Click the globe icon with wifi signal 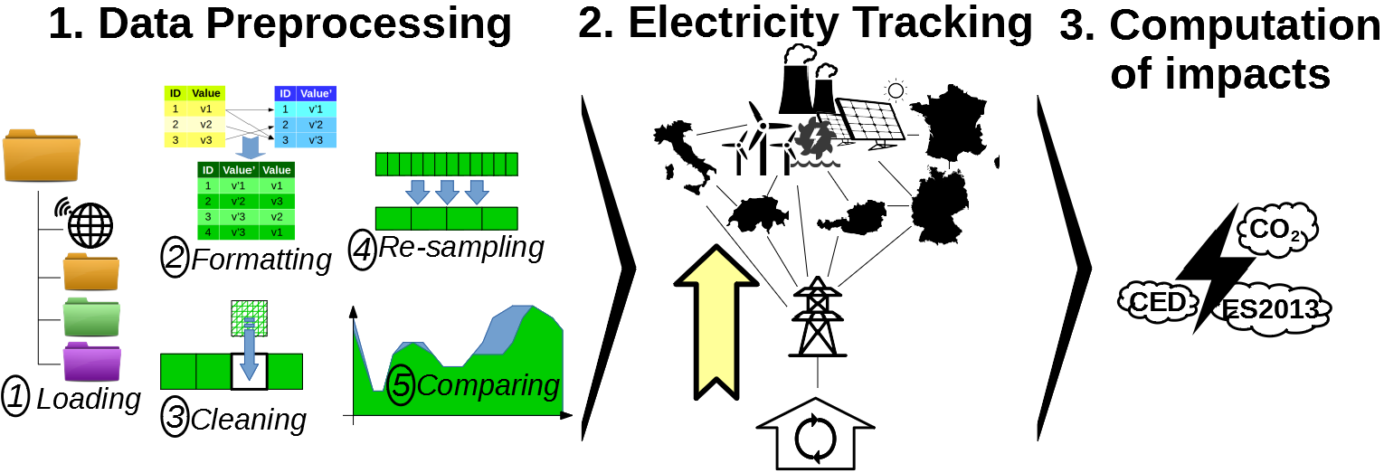(90, 222)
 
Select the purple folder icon (91, 362)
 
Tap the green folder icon (91, 317)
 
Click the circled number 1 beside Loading (17, 397)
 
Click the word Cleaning (249, 419)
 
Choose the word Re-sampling (461, 247)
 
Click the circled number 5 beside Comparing (401, 386)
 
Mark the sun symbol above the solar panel (896, 89)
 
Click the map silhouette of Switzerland (757, 213)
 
